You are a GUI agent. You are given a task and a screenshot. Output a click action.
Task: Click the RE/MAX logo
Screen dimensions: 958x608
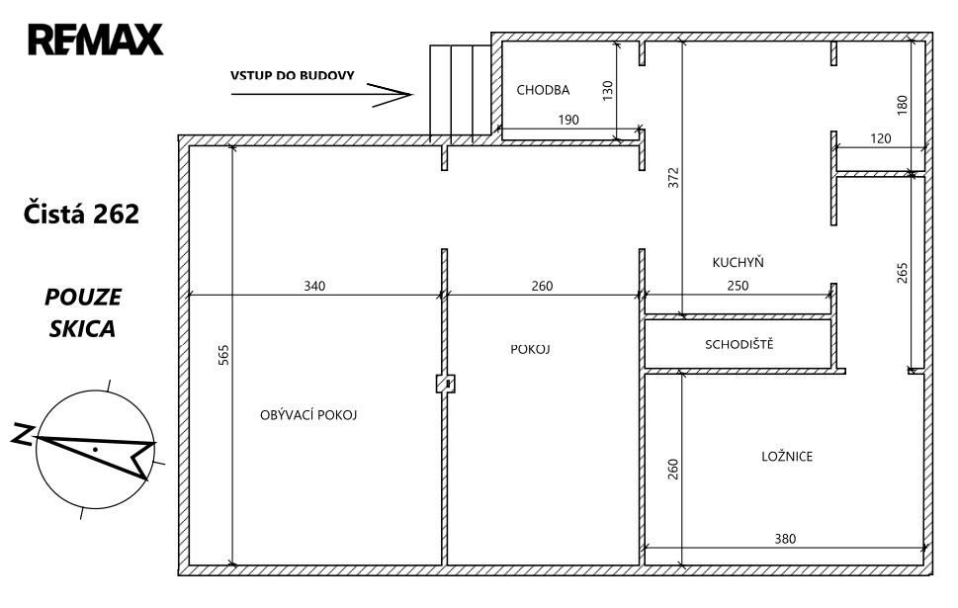[95, 40]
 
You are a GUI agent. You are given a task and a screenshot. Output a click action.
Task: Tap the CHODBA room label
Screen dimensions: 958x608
[543, 90]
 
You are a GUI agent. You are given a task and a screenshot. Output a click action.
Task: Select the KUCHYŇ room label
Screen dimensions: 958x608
[738, 262]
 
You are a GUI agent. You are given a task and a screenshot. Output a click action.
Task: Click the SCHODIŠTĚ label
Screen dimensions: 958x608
[739, 344]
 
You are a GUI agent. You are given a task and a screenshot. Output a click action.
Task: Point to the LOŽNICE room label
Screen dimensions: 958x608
[787, 456]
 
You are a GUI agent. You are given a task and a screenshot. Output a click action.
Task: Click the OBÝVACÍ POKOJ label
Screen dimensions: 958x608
[307, 415]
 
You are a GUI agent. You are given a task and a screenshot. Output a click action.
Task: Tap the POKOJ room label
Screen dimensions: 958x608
[530, 349]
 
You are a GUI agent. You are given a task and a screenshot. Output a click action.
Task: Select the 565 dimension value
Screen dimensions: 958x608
[223, 355]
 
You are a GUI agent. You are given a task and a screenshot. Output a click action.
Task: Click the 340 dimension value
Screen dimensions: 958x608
[314, 286]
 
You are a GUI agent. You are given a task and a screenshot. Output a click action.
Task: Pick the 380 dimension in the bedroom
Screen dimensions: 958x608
[785, 539]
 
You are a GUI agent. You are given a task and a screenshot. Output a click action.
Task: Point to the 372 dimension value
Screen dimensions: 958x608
[673, 177]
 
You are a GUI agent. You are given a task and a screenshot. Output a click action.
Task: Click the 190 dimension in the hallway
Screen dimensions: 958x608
[568, 120]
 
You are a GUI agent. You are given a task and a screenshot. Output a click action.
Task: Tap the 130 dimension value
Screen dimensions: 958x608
[607, 90]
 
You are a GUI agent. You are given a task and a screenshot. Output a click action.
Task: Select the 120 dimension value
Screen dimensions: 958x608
[881, 138]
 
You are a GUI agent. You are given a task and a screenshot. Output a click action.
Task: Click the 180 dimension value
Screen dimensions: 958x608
[903, 105]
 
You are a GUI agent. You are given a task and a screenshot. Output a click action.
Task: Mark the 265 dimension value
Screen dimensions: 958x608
[903, 273]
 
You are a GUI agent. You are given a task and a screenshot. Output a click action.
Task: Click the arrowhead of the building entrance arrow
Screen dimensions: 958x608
[412, 94]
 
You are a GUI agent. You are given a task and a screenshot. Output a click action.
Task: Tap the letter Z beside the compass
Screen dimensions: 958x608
[23, 434]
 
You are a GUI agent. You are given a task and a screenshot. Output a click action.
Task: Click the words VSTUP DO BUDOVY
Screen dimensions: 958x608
[292, 76]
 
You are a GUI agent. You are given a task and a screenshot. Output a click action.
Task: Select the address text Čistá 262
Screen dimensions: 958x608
[81, 214]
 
